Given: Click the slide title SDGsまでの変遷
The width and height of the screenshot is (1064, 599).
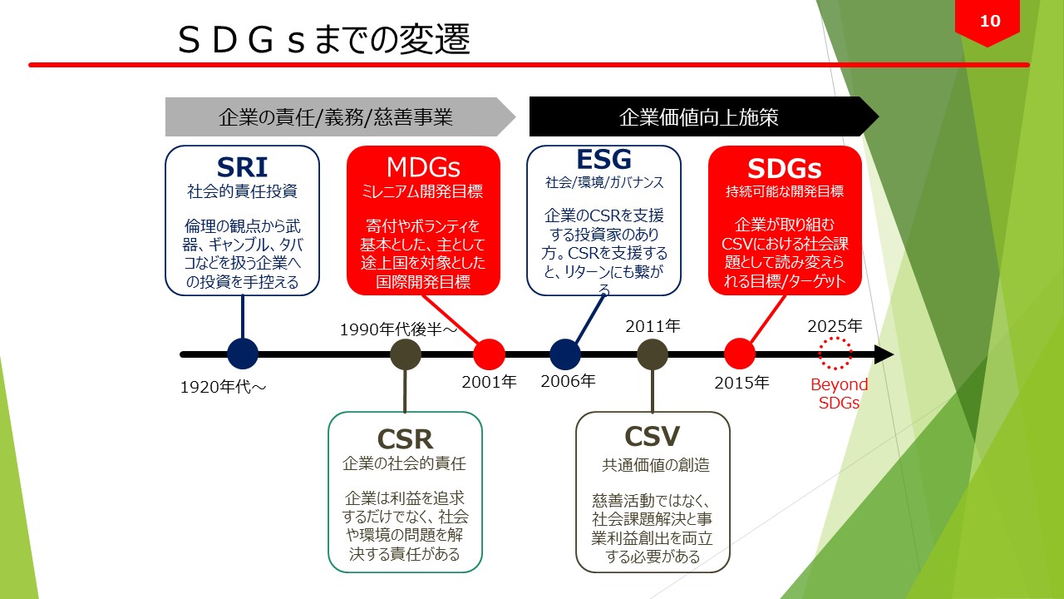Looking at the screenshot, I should pyautogui.click(x=324, y=40).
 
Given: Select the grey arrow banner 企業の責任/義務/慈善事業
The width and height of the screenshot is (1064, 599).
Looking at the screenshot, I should pyautogui.click(x=336, y=116).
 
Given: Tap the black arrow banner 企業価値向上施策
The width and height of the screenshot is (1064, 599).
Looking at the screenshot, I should pyautogui.click(x=698, y=116).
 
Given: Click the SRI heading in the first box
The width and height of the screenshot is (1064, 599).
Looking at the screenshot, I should pyautogui.click(x=242, y=166).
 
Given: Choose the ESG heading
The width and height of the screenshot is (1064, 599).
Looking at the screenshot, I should pyautogui.click(x=604, y=159).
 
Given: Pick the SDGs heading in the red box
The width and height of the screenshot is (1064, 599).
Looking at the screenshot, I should pyautogui.click(x=785, y=168).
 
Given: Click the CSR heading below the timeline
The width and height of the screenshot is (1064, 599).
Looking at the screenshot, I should pyautogui.click(x=405, y=438).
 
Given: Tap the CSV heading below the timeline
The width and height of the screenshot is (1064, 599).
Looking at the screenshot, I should pyautogui.click(x=653, y=437).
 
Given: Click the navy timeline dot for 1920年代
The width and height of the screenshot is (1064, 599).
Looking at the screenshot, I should pyautogui.click(x=243, y=354).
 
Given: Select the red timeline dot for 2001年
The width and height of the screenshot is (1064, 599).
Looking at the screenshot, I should pyautogui.click(x=489, y=354).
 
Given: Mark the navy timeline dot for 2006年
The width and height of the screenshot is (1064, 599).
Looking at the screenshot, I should pyautogui.click(x=565, y=354).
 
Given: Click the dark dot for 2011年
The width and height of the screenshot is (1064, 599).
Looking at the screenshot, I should pyautogui.click(x=653, y=354).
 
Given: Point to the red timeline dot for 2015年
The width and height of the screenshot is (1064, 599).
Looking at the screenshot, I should pyautogui.click(x=739, y=354).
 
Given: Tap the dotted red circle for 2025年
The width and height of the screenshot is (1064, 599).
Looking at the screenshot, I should pyautogui.click(x=835, y=354).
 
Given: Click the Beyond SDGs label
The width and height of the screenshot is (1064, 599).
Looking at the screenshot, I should pyautogui.click(x=839, y=394).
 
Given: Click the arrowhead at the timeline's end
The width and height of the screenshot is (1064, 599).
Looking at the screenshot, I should pyautogui.click(x=884, y=354).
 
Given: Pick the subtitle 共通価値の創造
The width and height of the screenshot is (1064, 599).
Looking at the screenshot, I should pyautogui.click(x=655, y=465).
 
